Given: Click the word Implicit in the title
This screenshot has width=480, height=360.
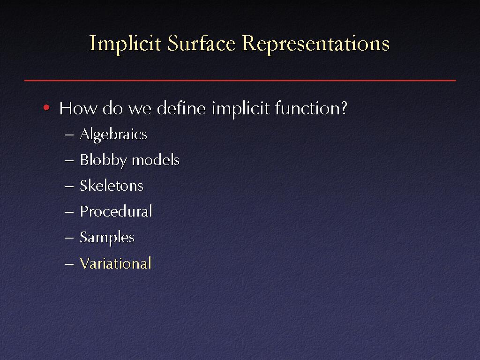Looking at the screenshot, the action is (x=125, y=44).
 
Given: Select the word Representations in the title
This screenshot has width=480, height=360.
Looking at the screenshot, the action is (x=315, y=44).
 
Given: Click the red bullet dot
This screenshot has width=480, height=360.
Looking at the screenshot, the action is (x=46, y=107).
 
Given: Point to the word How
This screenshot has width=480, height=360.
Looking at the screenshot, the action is (x=78, y=108).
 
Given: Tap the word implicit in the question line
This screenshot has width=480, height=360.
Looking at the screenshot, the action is (x=240, y=109).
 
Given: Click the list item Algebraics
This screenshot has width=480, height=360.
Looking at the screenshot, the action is (x=113, y=135).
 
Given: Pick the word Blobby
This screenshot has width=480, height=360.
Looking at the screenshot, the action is (x=103, y=160).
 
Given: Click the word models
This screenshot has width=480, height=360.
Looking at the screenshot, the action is (x=156, y=160).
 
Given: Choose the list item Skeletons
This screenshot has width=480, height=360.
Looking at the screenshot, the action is (x=112, y=186).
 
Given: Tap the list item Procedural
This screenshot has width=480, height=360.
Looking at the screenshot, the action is (x=116, y=211).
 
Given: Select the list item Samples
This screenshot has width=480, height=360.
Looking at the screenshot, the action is (x=107, y=238).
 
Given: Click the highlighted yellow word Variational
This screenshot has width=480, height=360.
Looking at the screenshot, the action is (x=115, y=263).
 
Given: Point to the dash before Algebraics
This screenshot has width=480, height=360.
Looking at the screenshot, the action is (x=69, y=135).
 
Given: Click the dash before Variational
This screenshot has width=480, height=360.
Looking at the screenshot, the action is (x=69, y=264).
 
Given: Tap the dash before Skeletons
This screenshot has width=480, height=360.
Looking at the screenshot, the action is (x=69, y=186).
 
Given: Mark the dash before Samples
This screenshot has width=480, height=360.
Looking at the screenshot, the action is (x=69, y=238).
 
